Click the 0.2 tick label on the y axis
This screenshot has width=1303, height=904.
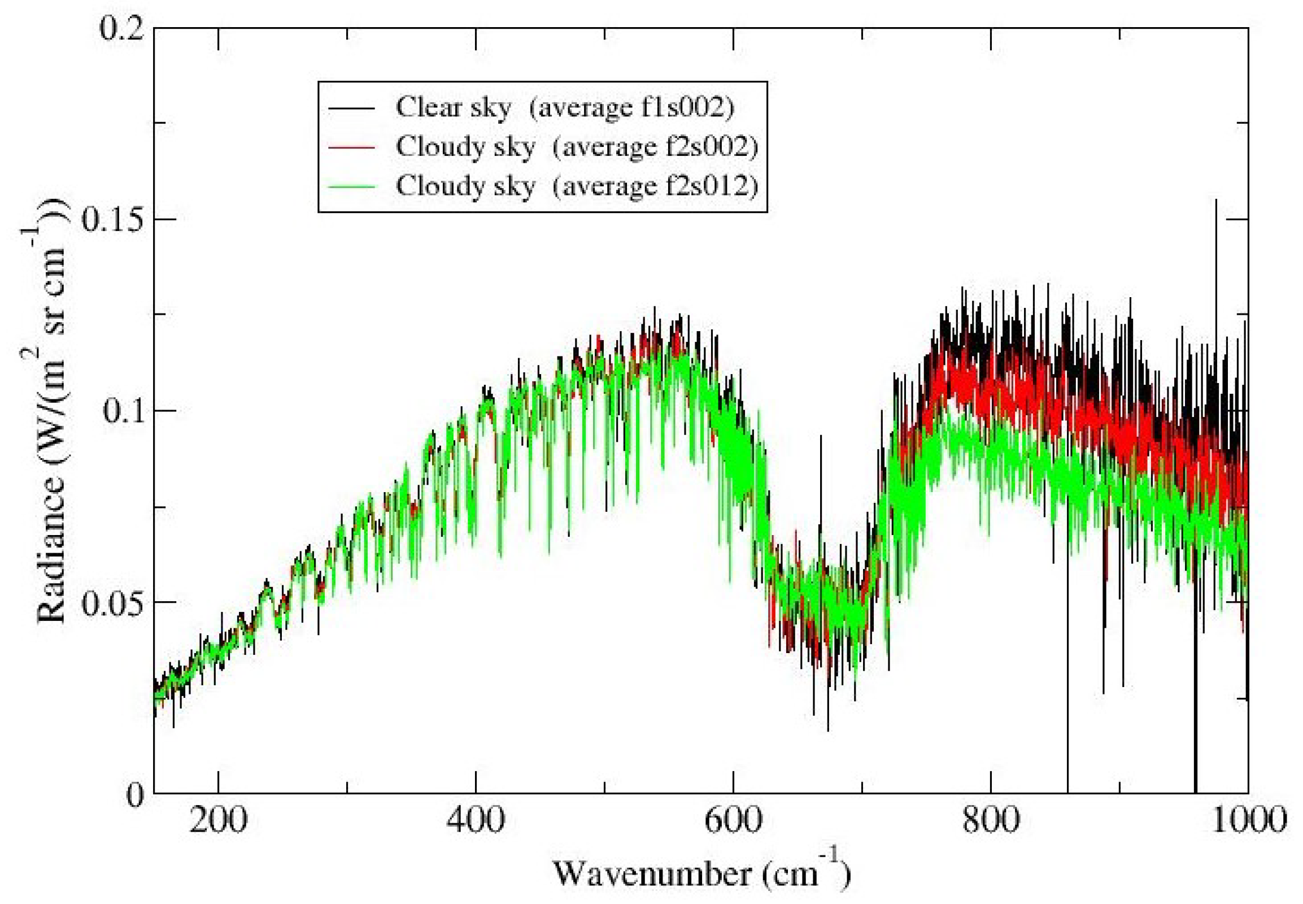[x=120, y=28]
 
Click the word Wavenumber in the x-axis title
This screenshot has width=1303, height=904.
[x=652, y=873]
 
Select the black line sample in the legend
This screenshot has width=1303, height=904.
[x=352, y=107]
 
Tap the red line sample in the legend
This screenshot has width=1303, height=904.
[x=352, y=147]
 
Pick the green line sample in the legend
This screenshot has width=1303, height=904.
[x=352, y=186]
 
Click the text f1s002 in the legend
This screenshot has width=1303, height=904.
[x=686, y=107]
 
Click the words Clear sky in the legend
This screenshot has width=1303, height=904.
[x=453, y=107]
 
